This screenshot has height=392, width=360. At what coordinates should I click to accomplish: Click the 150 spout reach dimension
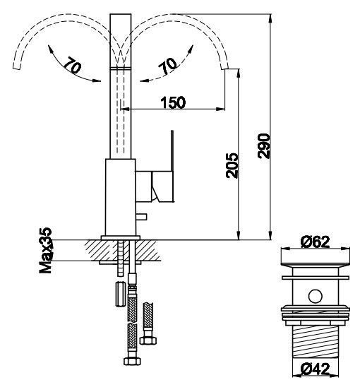173,102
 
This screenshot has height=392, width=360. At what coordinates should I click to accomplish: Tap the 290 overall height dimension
264,146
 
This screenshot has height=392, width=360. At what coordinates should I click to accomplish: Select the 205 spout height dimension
232,165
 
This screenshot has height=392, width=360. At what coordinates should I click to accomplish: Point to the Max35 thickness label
46,250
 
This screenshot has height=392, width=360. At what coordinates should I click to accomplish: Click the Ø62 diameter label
315,242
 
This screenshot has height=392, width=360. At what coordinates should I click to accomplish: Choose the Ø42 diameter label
315,369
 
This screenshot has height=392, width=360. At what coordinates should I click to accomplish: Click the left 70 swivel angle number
72,65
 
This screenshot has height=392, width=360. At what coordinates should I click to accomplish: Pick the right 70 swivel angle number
168,66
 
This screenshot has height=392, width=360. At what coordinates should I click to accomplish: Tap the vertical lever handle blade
172,151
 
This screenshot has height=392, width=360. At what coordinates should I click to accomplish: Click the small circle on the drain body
315,296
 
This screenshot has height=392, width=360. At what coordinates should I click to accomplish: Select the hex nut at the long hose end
132,361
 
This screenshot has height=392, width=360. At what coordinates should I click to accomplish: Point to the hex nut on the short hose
148,340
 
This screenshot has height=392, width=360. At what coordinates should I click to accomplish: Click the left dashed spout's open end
16,66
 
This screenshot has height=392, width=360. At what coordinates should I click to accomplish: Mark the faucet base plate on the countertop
121,237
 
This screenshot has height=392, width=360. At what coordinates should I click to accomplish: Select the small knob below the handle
141,217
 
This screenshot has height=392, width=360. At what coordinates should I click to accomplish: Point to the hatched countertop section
123,251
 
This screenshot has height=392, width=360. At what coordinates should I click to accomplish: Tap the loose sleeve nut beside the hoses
120,294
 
